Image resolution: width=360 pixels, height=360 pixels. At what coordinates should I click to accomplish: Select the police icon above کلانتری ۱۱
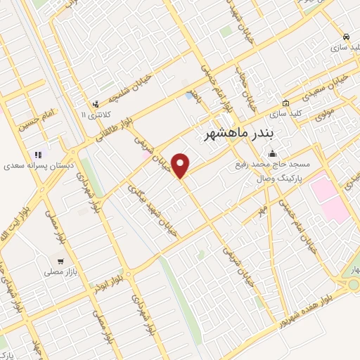[x=95, y=103]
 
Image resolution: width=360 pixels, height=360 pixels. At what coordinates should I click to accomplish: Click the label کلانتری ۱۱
[x=93, y=115]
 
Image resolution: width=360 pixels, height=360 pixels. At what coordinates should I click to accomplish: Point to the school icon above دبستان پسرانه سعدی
[x=38, y=155]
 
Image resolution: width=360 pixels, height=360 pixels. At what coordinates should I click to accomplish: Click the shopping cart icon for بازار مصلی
[x=60, y=261]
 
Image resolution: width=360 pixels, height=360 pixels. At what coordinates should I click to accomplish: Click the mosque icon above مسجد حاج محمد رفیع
[x=272, y=155]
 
